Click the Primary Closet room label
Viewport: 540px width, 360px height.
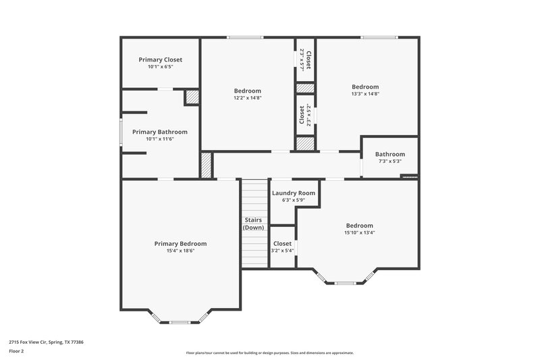click(160, 59)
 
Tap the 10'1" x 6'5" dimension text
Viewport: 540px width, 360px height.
click(160, 67)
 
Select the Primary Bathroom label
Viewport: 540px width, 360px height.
click(159, 132)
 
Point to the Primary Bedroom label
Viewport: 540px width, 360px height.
click(180, 244)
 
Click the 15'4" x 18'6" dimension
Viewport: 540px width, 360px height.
click(180, 251)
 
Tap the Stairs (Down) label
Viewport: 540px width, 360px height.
click(253, 224)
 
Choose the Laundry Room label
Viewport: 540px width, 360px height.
click(294, 193)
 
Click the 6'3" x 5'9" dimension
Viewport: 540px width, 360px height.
click(294, 200)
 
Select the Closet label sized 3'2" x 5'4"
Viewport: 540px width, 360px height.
click(282, 244)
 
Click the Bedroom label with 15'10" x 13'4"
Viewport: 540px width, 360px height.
click(359, 226)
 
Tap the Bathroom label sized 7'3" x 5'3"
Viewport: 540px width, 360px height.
click(390, 154)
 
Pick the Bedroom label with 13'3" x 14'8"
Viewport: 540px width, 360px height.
click(365, 86)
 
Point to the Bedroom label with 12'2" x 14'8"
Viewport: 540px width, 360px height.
click(248, 91)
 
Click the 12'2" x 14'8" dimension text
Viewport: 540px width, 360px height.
click(248, 98)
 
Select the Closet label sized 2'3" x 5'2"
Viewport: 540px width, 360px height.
click(302, 114)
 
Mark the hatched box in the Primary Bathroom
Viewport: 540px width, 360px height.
click(192, 97)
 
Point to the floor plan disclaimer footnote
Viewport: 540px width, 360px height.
click(269, 353)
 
